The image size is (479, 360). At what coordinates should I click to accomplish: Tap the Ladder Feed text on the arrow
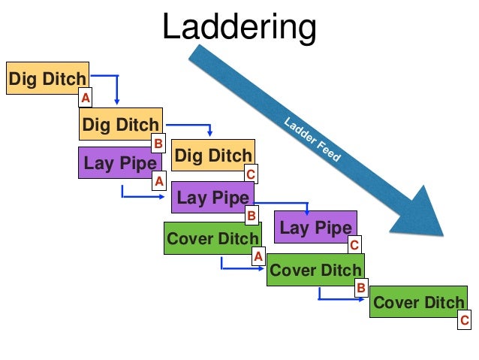(x=312, y=141)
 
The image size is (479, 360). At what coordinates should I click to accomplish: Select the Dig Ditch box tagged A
(x=47, y=77)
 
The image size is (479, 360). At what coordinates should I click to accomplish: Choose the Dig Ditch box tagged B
(x=120, y=124)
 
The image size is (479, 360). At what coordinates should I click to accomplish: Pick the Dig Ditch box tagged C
(x=213, y=156)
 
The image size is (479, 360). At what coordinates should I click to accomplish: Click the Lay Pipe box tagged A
(x=120, y=162)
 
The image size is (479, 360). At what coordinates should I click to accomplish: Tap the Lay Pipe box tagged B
(x=212, y=198)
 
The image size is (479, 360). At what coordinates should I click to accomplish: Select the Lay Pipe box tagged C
(x=315, y=227)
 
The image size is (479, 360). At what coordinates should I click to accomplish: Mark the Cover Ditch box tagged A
(x=212, y=239)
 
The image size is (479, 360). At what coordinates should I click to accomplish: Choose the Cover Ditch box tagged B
(x=315, y=270)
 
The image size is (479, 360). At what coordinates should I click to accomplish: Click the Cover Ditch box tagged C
(x=418, y=302)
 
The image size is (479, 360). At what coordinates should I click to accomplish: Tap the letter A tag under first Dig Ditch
(x=86, y=98)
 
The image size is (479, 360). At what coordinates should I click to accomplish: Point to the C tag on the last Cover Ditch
(x=465, y=321)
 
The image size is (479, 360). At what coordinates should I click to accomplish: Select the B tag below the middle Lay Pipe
(x=252, y=216)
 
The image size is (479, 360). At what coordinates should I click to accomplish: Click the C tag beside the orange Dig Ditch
(x=251, y=174)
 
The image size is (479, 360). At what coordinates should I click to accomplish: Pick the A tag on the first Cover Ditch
(x=258, y=256)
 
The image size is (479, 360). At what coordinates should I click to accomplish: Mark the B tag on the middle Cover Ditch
(x=360, y=287)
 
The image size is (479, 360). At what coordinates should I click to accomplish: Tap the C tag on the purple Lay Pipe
(x=354, y=244)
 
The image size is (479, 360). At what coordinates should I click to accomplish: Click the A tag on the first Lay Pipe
(x=158, y=180)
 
